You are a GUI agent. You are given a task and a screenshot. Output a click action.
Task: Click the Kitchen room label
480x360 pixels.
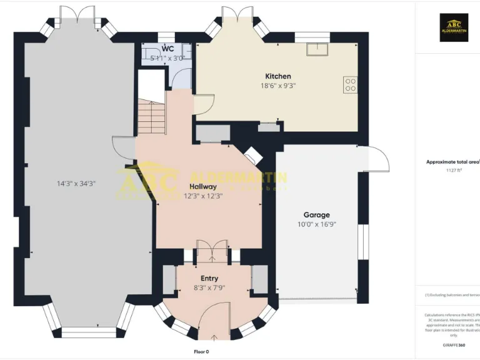point(278,76)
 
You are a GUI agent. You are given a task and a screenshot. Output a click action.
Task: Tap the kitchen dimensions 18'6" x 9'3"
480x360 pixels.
point(278,86)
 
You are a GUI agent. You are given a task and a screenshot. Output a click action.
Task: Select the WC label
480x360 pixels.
point(167,48)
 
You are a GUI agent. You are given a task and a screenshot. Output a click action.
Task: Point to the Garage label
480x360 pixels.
point(317,214)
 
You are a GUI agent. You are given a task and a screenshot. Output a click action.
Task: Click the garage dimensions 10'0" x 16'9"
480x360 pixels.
point(317,224)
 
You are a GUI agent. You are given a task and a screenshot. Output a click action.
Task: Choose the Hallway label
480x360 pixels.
point(202,186)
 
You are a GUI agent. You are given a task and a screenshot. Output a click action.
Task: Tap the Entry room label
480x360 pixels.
point(209,278)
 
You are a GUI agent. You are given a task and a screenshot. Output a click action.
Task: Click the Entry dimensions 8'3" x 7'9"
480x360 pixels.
point(209,288)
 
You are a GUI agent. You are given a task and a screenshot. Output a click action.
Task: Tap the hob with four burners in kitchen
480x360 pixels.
point(350,84)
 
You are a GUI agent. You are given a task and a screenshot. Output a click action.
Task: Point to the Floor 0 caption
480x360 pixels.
point(201,352)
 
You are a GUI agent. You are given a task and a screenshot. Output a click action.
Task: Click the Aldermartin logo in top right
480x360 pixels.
point(453,27)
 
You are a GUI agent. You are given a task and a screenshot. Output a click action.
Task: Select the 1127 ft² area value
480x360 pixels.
point(454,170)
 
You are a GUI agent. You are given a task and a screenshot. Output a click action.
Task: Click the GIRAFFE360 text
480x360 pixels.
point(454,344)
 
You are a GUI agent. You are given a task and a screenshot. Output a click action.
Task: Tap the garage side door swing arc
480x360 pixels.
point(377,157)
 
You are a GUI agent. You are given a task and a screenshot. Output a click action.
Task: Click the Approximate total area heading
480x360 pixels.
point(452,162)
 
